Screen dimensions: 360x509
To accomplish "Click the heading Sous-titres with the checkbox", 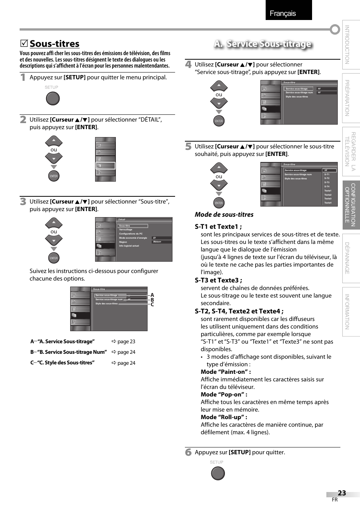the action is [54, 44].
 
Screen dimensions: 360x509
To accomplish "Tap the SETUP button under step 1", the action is [53, 99].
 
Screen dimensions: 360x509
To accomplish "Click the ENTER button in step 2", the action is [54, 176].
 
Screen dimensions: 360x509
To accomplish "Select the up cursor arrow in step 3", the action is [54, 223].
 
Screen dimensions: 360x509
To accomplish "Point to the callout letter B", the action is [152, 300].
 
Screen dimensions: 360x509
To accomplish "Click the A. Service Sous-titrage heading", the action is [263, 44].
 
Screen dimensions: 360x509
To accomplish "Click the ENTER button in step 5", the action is [219, 203].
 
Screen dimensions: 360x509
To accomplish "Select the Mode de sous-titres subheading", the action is [224, 214].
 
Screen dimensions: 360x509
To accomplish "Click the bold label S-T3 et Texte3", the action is [218, 280].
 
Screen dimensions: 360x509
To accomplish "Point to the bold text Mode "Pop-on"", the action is [224, 394].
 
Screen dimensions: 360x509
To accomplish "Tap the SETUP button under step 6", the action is [218, 473].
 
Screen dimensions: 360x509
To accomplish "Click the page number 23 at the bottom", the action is [342, 493].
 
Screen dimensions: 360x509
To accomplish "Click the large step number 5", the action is [188, 147].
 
